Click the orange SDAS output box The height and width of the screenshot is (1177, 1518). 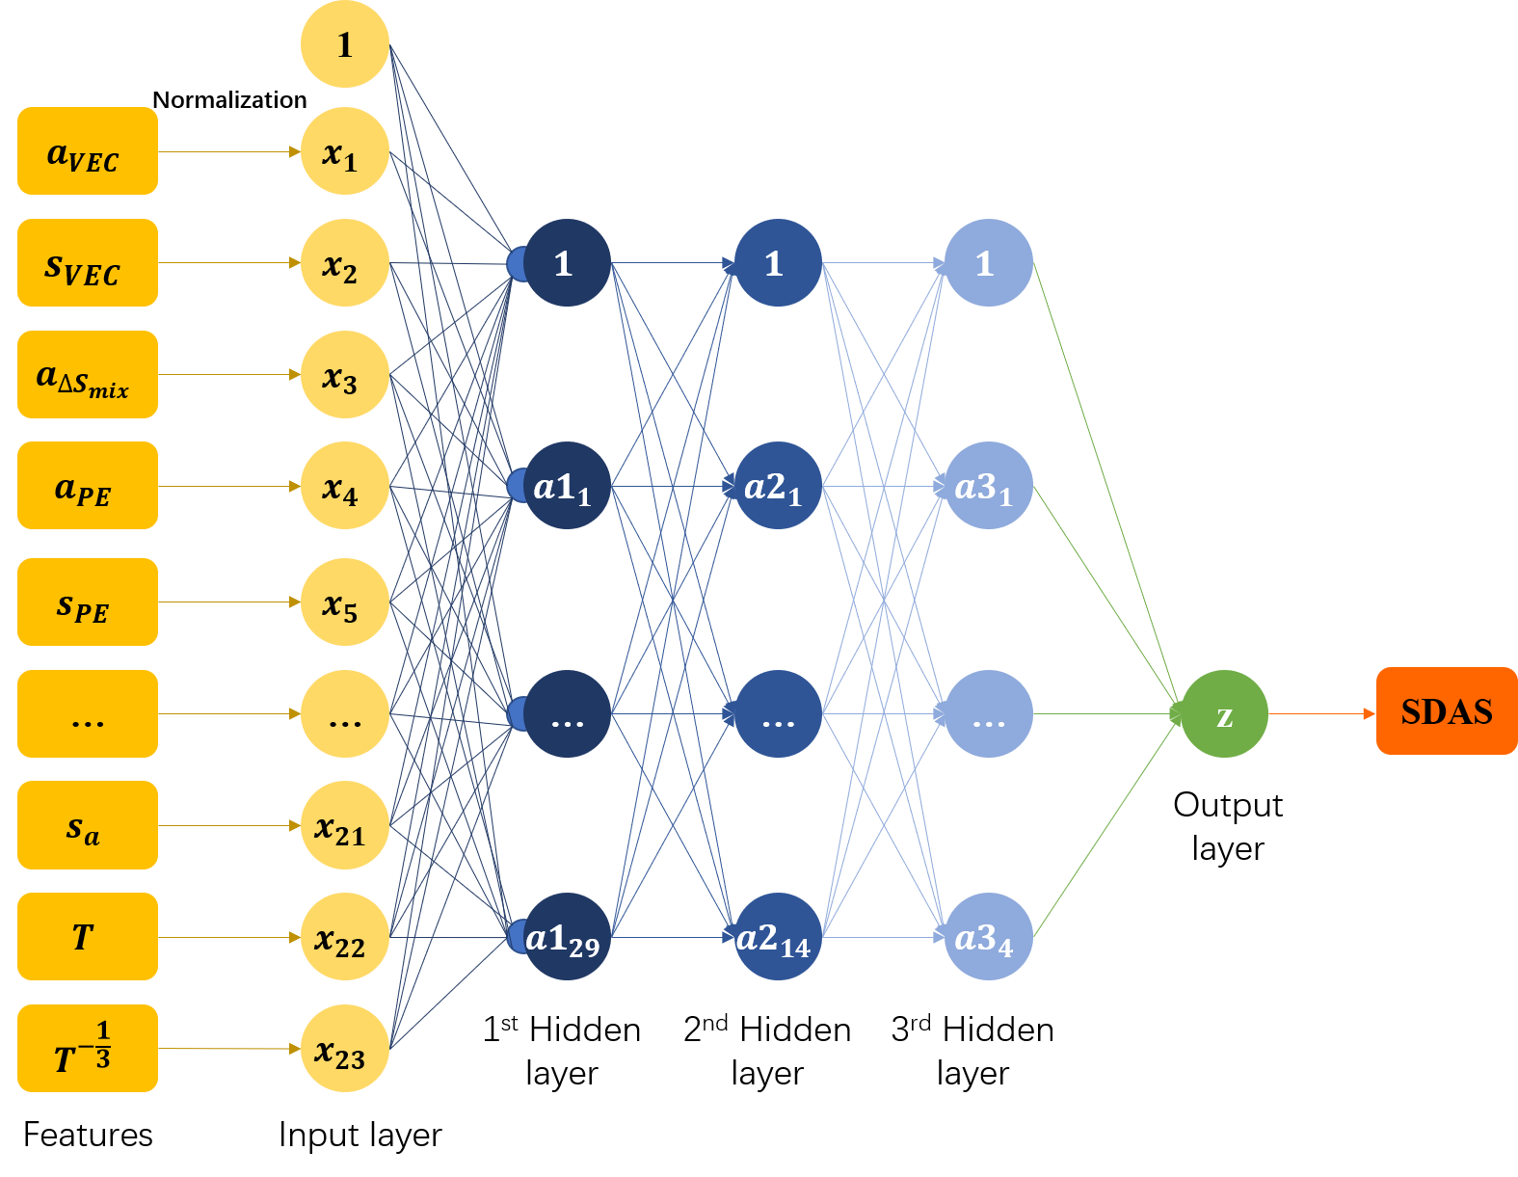[x=1446, y=710]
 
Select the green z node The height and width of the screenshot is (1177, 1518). [x=1223, y=714]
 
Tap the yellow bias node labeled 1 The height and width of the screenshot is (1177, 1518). [x=344, y=44]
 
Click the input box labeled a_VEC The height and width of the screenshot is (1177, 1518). [x=87, y=151]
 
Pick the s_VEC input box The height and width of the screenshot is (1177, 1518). [x=87, y=263]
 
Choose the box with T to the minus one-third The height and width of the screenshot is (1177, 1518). [x=87, y=1048]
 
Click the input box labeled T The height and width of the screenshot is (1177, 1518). [x=87, y=936]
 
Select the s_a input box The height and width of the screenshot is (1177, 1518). [x=87, y=825]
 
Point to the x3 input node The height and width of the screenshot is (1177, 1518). [x=344, y=375]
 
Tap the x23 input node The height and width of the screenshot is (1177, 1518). [x=344, y=1048]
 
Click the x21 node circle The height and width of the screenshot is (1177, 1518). [x=344, y=825]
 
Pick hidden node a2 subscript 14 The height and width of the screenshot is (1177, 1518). [x=778, y=937]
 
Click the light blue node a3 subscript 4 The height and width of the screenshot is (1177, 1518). [x=988, y=937]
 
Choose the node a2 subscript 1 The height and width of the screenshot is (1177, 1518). [x=778, y=486]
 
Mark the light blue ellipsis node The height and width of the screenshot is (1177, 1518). [x=988, y=714]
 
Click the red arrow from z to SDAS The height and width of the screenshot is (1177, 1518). [x=1320, y=714]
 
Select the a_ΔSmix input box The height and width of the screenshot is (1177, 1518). [x=87, y=375]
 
